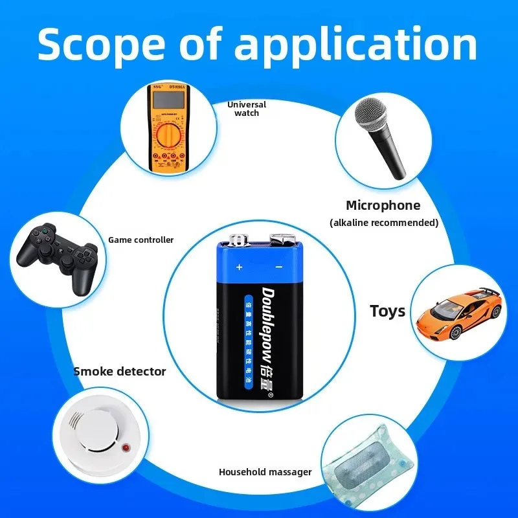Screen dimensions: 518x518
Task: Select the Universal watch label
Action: [x=246, y=108]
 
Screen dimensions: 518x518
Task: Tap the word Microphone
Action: [x=383, y=206]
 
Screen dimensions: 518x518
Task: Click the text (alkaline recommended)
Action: [x=384, y=223]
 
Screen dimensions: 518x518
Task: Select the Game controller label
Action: [x=141, y=240]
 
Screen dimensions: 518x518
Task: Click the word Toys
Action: [x=387, y=311]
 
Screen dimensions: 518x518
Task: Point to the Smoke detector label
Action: [x=119, y=371]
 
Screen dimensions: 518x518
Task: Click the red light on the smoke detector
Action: [x=126, y=447]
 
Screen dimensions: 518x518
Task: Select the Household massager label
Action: [x=265, y=472]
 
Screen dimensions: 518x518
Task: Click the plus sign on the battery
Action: [x=238, y=267]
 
